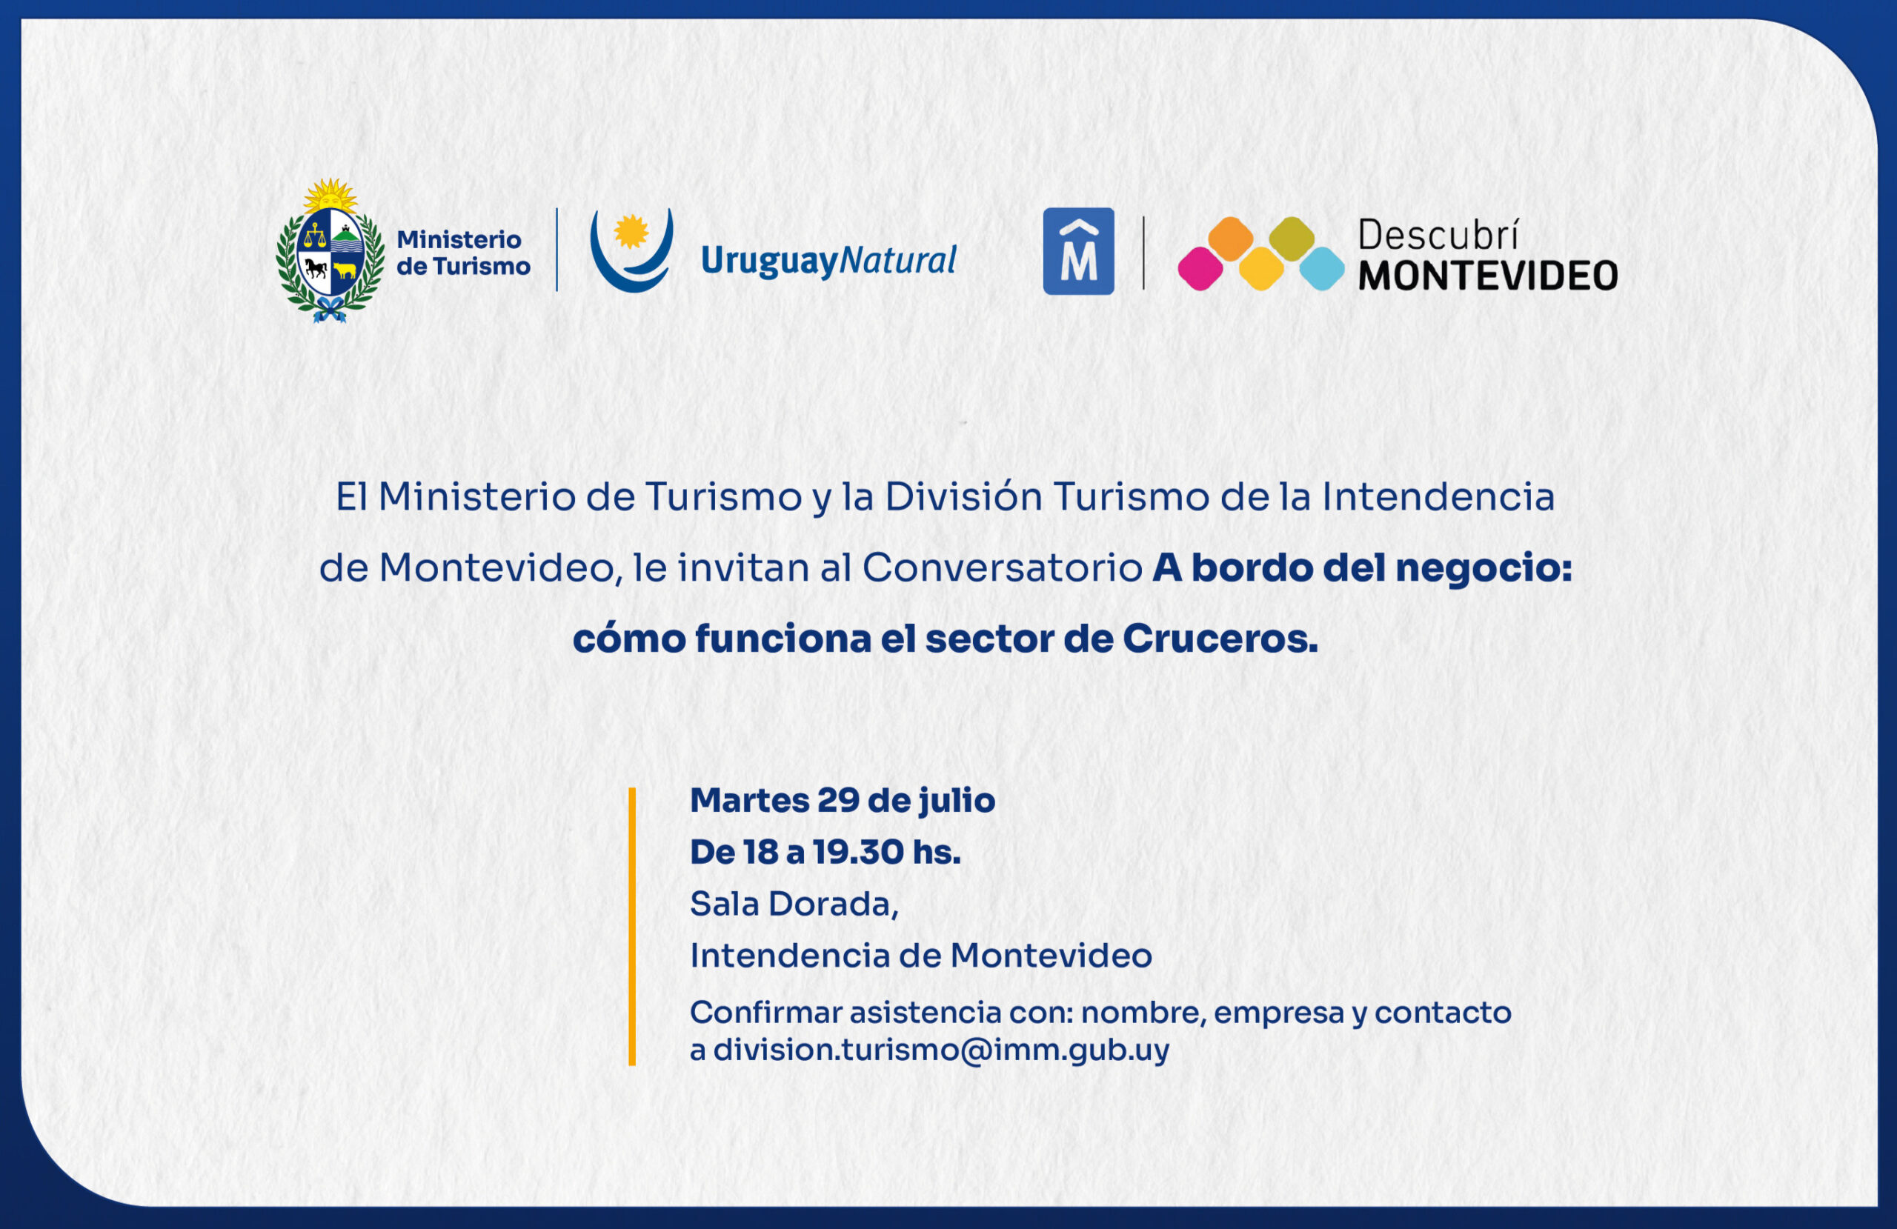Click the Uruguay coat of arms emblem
[x=330, y=250]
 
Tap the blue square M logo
[x=1078, y=251]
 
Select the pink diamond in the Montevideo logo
[x=1200, y=269]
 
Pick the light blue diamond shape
[x=1322, y=269]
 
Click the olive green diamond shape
[x=1292, y=239]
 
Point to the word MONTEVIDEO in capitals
[x=1488, y=276]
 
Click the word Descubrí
[x=1438, y=235]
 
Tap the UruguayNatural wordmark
[x=828, y=262]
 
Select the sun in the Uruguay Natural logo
[x=631, y=232]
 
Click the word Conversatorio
[x=1003, y=567]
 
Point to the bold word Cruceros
[x=1220, y=639]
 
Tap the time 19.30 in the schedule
[x=858, y=852]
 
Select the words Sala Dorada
[x=794, y=904]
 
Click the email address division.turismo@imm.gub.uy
[x=941, y=1050]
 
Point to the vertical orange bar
[x=632, y=926]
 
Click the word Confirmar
[x=766, y=1012]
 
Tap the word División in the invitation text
[x=963, y=496]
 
